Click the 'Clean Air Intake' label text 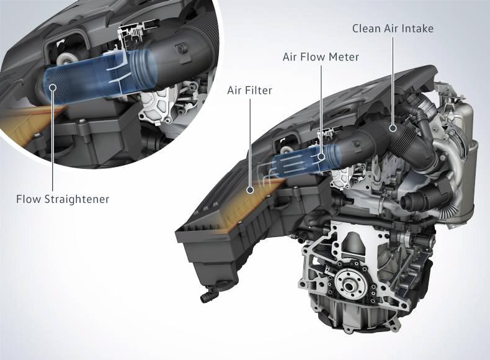point(393,29)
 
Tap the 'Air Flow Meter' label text point(321,57)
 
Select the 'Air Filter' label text point(250,91)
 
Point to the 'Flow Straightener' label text point(63,199)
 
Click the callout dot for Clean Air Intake point(393,128)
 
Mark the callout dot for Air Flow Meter point(321,156)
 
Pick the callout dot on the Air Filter point(250,189)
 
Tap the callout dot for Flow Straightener point(53,88)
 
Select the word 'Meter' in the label point(345,57)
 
